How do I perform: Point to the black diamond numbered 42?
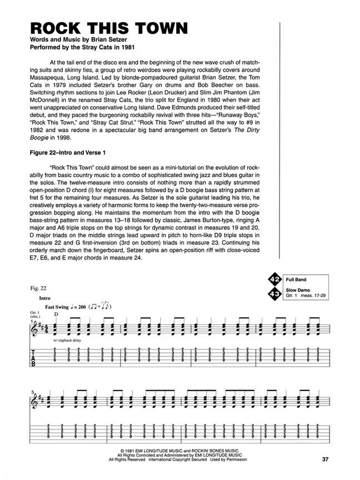point(273,279)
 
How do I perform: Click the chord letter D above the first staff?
point(56,314)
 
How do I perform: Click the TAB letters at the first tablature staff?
point(33,357)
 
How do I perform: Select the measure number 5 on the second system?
point(32,392)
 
